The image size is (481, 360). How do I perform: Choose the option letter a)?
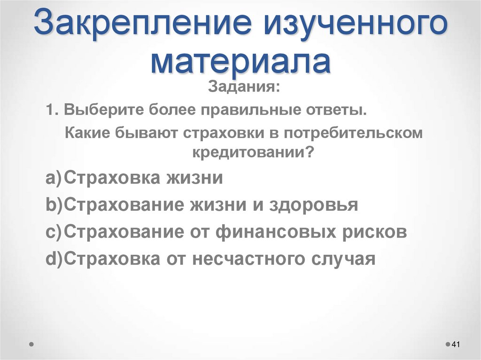[54, 178]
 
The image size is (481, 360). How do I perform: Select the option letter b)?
[54, 205]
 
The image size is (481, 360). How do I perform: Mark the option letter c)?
[54, 232]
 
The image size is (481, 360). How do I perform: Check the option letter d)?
[54, 259]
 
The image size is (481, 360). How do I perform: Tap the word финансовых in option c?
[278, 232]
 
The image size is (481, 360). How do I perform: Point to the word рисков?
[376, 232]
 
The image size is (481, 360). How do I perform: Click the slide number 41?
[455, 345]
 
